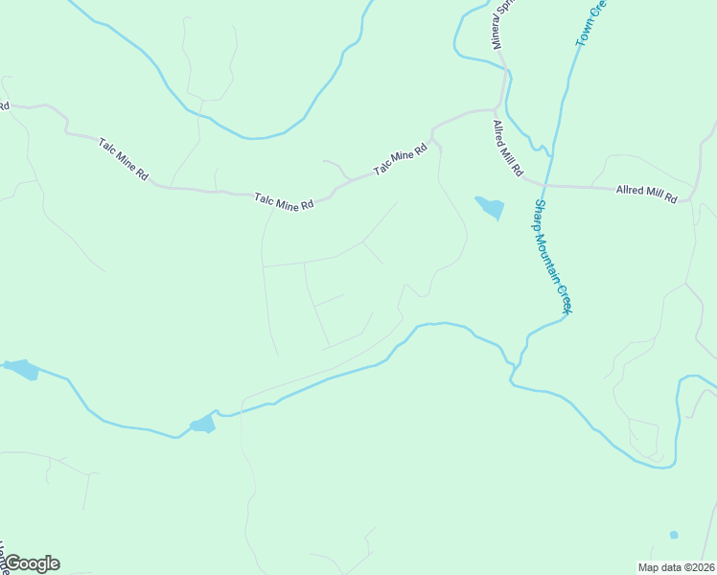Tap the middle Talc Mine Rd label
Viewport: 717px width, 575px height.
pos(285,202)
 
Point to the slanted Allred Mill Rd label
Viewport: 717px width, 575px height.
pos(507,149)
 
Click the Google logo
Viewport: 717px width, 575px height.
pos(31,563)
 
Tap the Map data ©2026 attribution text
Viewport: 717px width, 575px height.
pos(676,567)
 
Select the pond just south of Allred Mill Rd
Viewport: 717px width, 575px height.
pos(490,207)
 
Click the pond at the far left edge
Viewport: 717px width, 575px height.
pos(21,369)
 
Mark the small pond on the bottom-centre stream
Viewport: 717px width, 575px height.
pos(202,425)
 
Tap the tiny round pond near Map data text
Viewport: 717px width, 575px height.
pos(674,534)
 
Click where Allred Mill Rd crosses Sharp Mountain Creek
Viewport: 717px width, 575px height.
pos(544,184)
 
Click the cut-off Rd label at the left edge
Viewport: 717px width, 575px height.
pos(4,104)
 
